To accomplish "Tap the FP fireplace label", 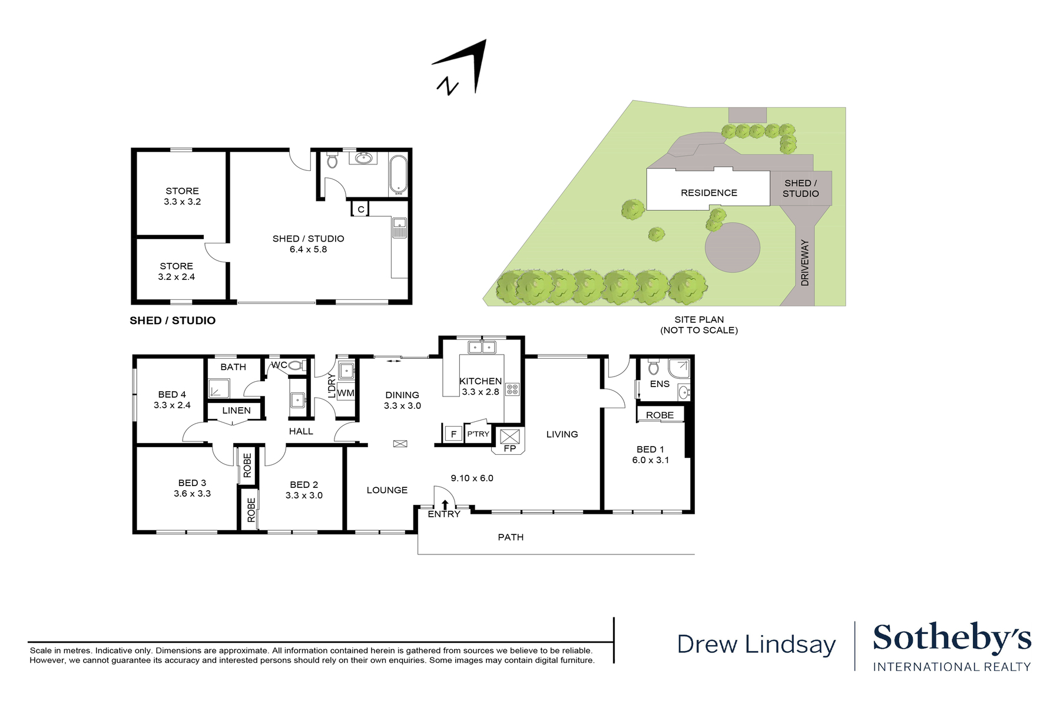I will [x=510, y=448].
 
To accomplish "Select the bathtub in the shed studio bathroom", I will [x=399, y=174].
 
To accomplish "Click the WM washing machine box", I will [x=346, y=393].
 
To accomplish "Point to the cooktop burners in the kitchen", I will [x=512, y=389].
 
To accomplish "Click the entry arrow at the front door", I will [x=445, y=504].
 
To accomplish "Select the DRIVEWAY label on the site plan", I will [x=805, y=263].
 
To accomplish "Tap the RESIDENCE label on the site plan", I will [x=708, y=193].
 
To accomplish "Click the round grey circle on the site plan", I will [x=733, y=247].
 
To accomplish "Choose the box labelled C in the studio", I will [x=361, y=209].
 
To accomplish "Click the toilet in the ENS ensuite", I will [x=653, y=368].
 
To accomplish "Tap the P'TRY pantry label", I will [x=478, y=434].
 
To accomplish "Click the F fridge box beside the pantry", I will [x=453, y=434].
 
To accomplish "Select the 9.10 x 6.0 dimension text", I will [x=472, y=478].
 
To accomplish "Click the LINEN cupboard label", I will [x=236, y=411].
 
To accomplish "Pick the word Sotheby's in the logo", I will [x=951, y=638].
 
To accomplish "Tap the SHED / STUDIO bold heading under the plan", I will [x=173, y=321].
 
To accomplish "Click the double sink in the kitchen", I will [x=482, y=347].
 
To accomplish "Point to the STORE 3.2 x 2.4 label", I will [x=176, y=271].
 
